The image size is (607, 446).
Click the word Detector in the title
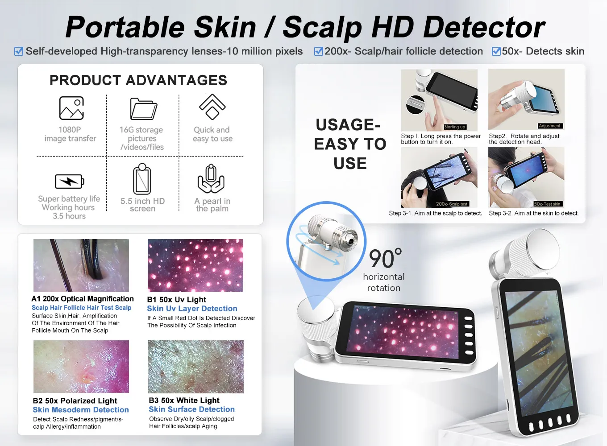pos(484,28)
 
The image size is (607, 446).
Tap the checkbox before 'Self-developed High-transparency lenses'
pos(19,51)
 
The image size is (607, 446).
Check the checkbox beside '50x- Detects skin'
pos(496,51)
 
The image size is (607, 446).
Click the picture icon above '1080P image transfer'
pos(71,108)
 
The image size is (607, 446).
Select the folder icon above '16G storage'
pos(143,108)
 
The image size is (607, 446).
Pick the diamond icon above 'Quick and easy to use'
pos(212,107)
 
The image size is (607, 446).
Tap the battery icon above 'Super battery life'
pos(69,182)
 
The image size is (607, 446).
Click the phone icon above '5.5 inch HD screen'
pos(142,179)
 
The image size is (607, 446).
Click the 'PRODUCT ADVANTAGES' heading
pos(138,80)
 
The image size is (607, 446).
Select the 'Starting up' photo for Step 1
pos(439,99)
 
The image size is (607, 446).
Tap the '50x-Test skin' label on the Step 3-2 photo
pos(548,204)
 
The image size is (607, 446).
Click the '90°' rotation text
pos(385,259)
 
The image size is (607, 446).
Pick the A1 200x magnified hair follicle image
pos(81,265)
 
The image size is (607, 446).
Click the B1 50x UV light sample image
pos(195,265)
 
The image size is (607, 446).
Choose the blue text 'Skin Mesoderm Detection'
pos(81,410)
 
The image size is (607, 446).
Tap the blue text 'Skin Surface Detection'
pos(191,409)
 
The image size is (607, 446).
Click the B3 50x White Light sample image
pos(196,367)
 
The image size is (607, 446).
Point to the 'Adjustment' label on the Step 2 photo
pos(549,126)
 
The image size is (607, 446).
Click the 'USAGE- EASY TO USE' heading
pos(350,144)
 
